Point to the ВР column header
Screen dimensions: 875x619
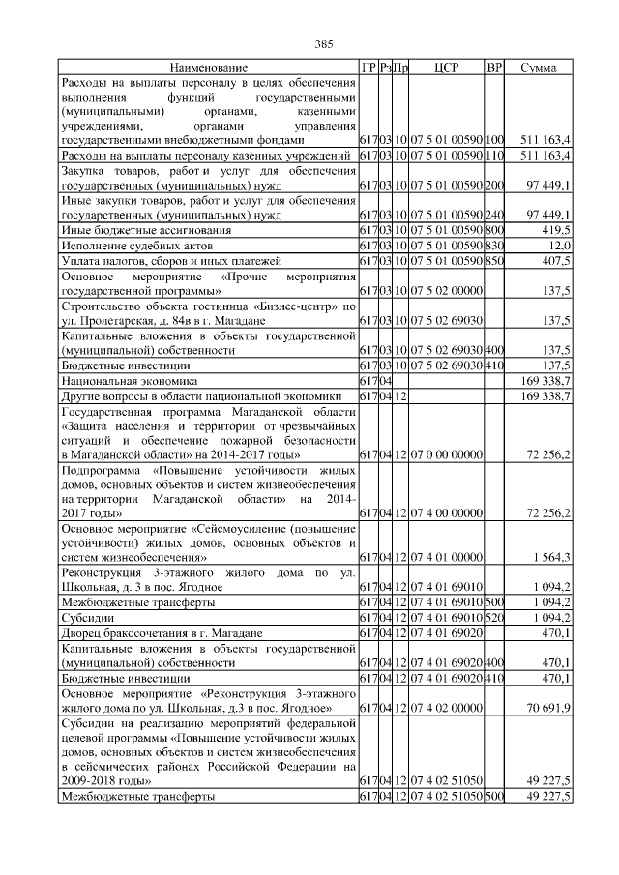(494, 68)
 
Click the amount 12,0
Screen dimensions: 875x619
(559, 246)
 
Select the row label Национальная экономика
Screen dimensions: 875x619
(121, 382)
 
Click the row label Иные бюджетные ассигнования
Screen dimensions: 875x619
(146, 230)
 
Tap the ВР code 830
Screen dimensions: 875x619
(494, 246)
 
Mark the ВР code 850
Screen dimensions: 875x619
(494, 261)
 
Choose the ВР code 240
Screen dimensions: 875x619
(494, 215)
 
